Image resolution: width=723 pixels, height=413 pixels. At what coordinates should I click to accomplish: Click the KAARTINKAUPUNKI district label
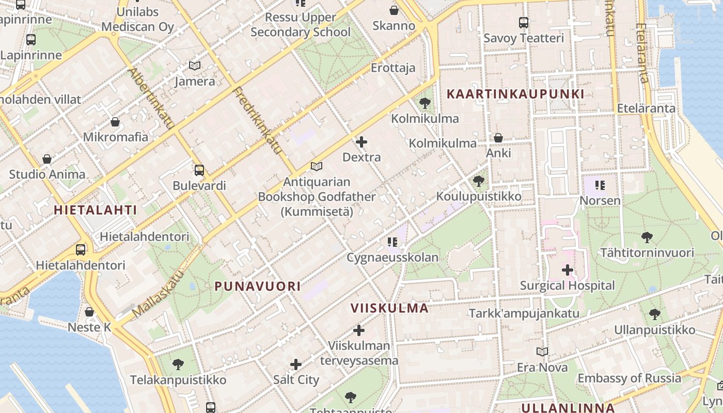pos(515,94)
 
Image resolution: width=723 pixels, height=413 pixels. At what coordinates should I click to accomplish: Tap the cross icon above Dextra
pos(361,142)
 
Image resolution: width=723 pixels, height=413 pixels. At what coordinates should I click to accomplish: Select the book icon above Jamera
pos(195,66)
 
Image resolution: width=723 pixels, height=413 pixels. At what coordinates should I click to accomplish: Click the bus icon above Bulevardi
pos(199,170)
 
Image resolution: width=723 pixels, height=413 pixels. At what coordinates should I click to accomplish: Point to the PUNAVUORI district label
pos(257,286)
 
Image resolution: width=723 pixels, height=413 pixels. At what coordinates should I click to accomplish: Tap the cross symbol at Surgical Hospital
pos(567,269)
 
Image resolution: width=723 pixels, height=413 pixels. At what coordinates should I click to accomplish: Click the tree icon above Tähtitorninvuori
pos(647,237)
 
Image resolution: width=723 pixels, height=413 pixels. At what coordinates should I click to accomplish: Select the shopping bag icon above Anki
pos(498,138)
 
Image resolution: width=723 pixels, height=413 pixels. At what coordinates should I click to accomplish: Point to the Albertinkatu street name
pos(150,98)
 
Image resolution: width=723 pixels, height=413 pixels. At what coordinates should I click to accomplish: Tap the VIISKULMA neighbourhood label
pos(389,308)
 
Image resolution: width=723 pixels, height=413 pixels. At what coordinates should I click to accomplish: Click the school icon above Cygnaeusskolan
pos(392,242)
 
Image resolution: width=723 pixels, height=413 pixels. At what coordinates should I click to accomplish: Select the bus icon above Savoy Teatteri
pos(523,23)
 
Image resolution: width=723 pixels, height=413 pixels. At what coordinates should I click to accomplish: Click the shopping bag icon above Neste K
pos(89,312)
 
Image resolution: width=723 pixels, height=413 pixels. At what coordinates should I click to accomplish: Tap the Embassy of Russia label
pos(629,378)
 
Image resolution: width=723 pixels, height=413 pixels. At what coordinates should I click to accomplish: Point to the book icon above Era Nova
pos(542,352)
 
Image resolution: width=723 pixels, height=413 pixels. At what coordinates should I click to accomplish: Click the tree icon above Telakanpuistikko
pos(178,364)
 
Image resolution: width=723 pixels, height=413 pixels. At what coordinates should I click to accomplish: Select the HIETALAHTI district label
pos(96,210)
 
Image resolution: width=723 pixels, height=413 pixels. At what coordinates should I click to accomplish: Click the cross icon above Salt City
pos(295,364)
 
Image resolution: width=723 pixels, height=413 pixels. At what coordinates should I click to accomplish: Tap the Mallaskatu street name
pos(158,294)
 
